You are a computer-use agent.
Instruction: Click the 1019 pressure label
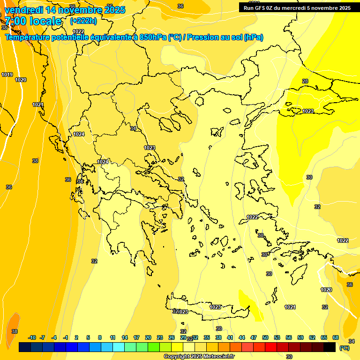tap(7, 75)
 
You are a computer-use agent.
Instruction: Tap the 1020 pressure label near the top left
tap(21, 80)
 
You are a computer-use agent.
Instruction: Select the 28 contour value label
tap(305, 81)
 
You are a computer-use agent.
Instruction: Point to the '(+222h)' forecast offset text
tap(83, 21)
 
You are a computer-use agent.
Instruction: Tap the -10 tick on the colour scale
tap(32, 337)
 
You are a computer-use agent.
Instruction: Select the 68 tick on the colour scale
tap(336, 337)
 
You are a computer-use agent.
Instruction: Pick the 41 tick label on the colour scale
tap(230, 337)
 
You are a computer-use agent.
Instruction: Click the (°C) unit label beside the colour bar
tap(345, 347)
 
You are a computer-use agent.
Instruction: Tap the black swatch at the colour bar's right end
tap(330, 347)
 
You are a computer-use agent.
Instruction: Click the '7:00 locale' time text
tap(33, 21)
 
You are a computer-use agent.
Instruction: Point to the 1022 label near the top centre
tap(78, 31)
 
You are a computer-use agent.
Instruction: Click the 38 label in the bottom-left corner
tap(15, 331)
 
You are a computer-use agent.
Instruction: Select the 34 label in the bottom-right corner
tap(352, 341)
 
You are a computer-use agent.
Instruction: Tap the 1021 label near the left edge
tap(38, 105)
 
